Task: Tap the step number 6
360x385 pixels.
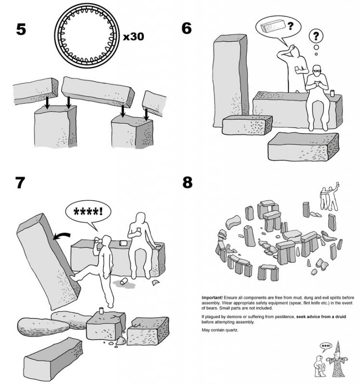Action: (x=187, y=29)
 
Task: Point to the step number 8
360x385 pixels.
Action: (x=187, y=184)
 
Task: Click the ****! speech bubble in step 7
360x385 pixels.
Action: (x=87, y=211)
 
